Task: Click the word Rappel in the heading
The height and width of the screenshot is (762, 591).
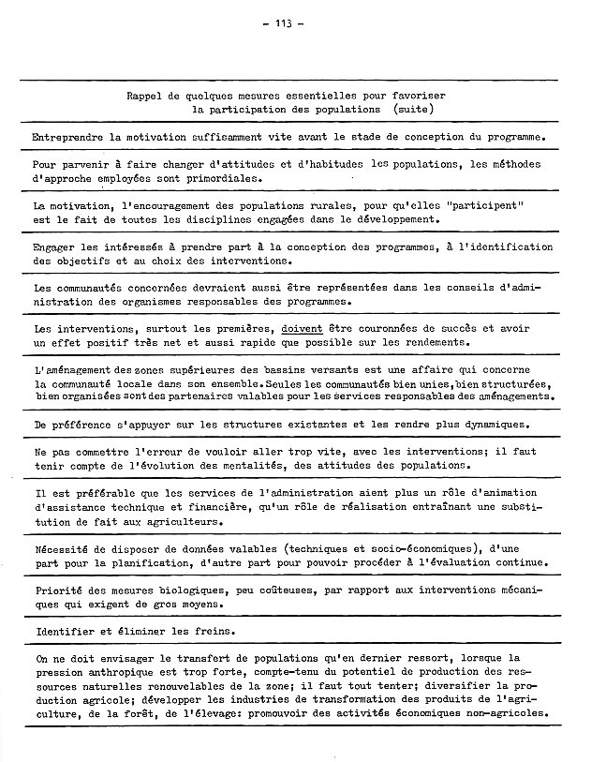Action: pos(148,96)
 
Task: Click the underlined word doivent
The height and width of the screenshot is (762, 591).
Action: pos(305,329)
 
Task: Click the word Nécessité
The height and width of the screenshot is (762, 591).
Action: pos(62,548)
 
